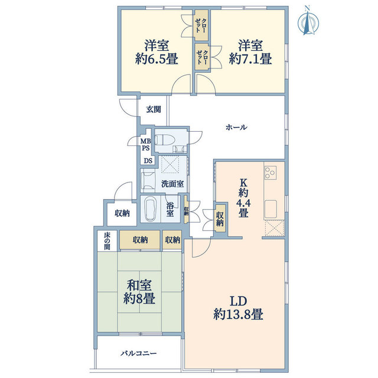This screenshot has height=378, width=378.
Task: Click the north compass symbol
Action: tap(308, 22)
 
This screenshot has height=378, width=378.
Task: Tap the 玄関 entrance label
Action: tap(154, 110)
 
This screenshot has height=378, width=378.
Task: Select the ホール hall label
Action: tap(236, 127)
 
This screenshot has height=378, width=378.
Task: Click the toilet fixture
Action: tap(163, 139)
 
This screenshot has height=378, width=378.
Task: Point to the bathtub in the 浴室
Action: tap(151, 209)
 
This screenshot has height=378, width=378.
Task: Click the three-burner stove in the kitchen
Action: tap(271, 172)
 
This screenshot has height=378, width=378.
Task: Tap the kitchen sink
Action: tap(271, 208)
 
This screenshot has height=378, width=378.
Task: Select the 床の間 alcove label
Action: tap(107, 240)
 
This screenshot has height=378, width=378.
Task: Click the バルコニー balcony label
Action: tap(139, 354)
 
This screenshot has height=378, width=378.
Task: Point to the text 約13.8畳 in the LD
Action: tap(238, 315)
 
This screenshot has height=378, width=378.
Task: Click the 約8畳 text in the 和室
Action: tap(139, 299)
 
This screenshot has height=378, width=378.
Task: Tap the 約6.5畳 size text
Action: tap(157, 59)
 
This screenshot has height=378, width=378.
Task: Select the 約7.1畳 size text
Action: tap(250, 59)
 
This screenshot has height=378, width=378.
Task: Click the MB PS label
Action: tap(146, 144)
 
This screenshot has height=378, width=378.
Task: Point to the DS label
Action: tap(148, 161)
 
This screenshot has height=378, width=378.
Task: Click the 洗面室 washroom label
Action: tap(172, 184)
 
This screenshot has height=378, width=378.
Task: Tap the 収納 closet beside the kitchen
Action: tap(220, 219)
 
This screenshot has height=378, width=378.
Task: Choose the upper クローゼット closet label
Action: tap(201, 25)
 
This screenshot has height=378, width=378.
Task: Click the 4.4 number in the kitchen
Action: tap(243, 203)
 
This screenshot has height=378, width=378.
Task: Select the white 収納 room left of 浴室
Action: tap(122, 213)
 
